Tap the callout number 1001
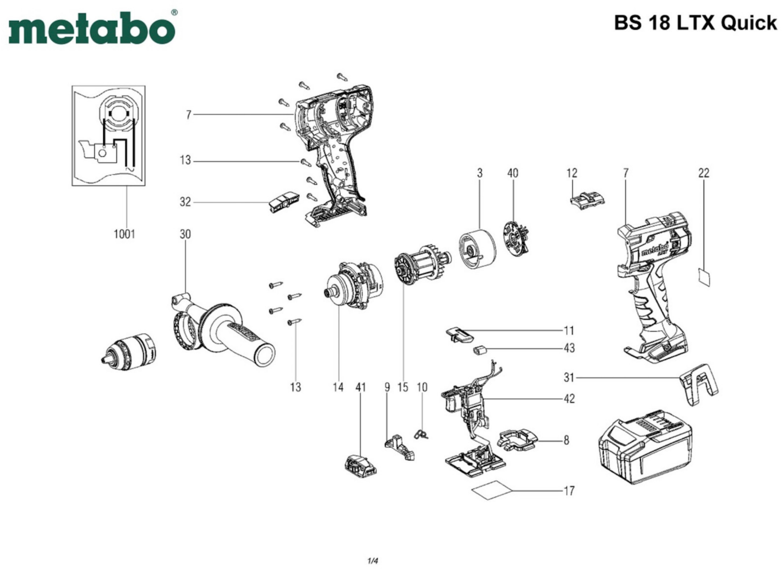(124, 234)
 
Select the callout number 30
(185, 234)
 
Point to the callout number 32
(185, 202)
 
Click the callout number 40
(513, 173)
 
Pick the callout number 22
(704, 173)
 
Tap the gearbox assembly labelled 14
(353, 288)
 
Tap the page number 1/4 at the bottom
(373, 561)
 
